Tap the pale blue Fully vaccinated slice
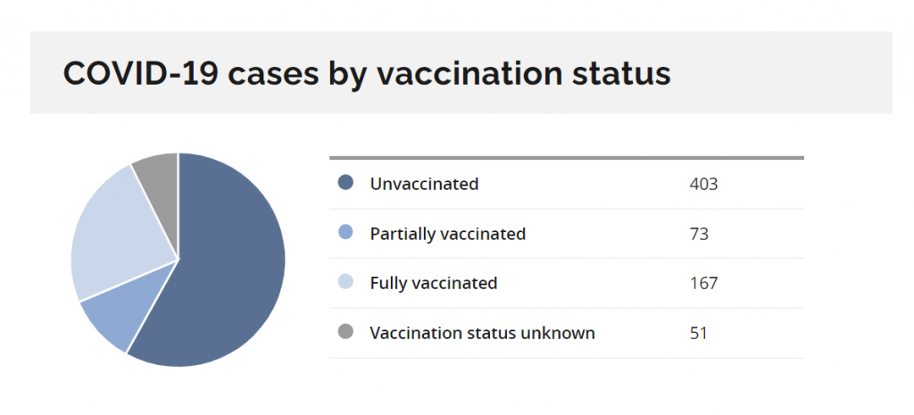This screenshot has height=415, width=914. (x=117, y=233)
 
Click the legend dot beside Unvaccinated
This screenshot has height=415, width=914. (x=345, y=184)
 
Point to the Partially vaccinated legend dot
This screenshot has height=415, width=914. (x=345, y=234)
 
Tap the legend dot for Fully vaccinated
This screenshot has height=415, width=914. (x=345, y=283)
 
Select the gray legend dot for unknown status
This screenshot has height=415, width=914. (x=345, y=333)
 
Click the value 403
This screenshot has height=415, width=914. (x=703, y=184)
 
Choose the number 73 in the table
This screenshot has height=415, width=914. (x=698, y=234)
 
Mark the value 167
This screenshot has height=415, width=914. (x=703, y=283)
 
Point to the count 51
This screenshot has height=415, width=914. (x=698, y=334)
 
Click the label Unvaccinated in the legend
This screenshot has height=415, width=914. (x=424, y=184)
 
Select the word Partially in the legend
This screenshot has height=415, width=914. (x=403, y=235)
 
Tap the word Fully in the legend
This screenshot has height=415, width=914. (x=387, y=284)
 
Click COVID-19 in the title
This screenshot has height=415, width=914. (x=140, y=73)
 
